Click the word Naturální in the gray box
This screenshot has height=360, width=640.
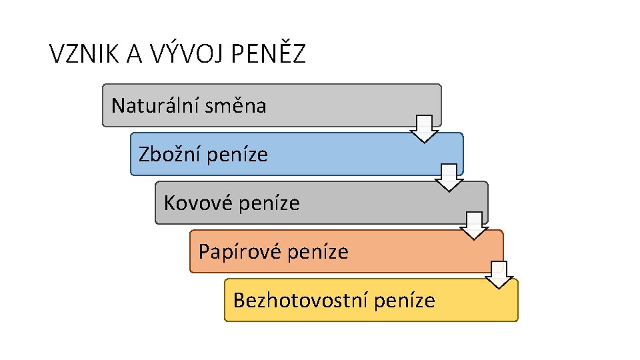pos(155,105)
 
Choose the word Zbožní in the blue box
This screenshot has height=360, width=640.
pos(170,155)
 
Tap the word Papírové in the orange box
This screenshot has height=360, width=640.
pos(238,252)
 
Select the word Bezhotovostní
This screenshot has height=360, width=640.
pos(301,301)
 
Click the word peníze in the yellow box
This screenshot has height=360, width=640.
pos(405,301)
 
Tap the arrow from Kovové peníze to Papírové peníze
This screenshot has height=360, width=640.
pos(474,226)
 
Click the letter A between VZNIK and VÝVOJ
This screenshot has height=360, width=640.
pos(133,54)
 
